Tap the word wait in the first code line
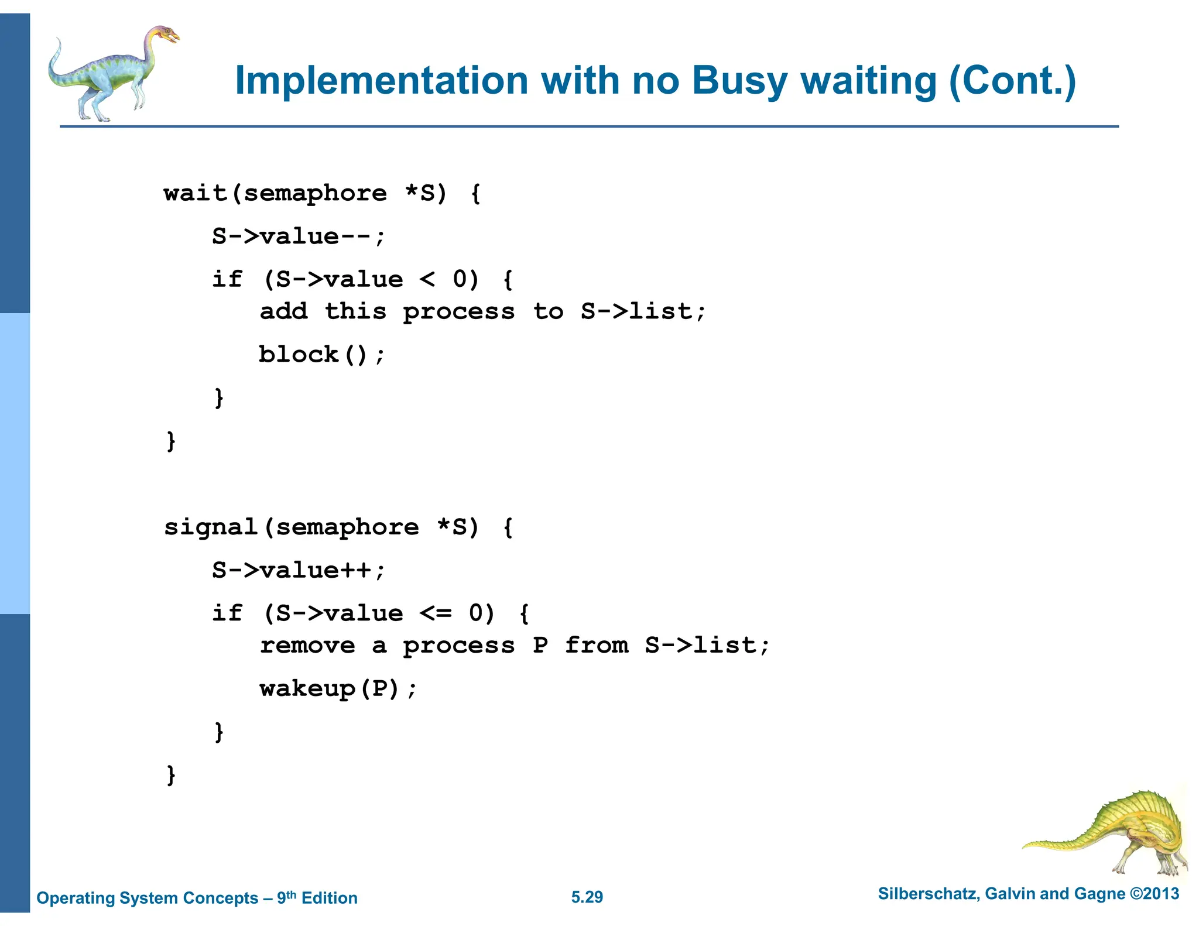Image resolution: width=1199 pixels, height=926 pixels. tap(195, 193)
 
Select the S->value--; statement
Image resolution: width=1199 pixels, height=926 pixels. tap(299, 236)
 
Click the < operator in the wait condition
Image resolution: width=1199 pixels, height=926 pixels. tap(427, 280)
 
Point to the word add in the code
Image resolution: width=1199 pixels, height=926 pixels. tap(284, 311)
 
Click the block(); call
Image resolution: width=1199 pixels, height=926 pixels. tap(322, 355)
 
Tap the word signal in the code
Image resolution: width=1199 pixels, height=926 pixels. tap(211, 528)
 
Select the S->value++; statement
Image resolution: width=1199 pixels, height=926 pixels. tap(299, 570)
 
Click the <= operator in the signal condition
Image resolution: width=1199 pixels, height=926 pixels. tap(436, 613)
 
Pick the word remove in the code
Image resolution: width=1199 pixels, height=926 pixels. tap(307, 646)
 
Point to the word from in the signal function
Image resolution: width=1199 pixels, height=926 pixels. tap(597, 646)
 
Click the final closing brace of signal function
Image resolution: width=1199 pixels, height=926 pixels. tap(171, 775)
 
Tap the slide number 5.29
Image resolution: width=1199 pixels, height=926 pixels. tap(587, 897)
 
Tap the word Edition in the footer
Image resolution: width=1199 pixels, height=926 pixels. tap(329, 898)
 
